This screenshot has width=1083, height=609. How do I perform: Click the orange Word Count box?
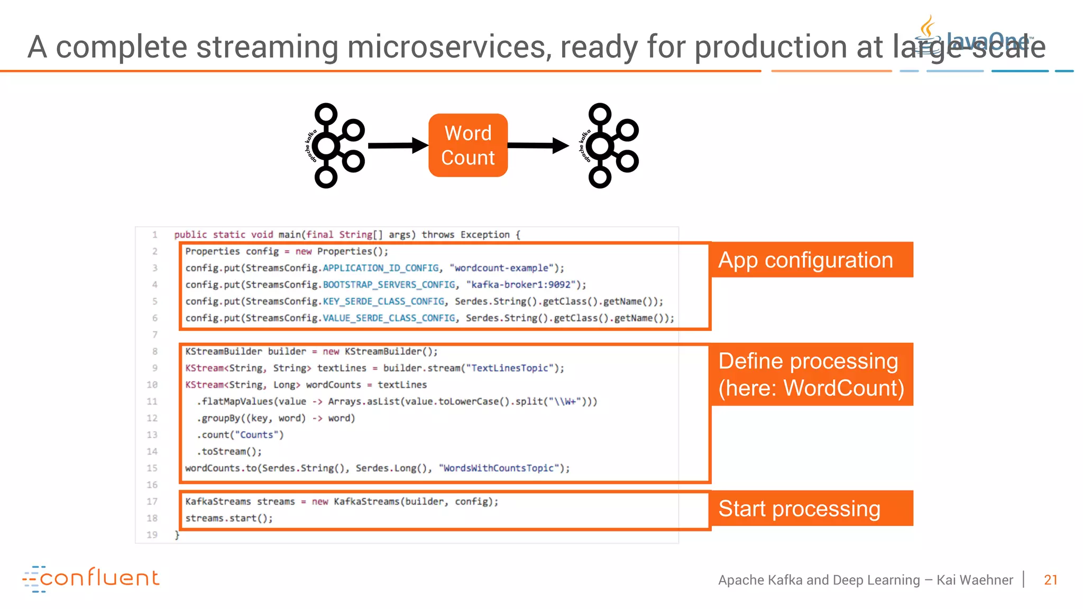tap(468, 145)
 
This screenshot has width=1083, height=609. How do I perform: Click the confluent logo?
tap(91, 578)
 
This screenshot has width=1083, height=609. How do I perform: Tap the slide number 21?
tap(1050, 580)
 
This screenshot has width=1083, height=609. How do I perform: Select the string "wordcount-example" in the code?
tap(501, 268)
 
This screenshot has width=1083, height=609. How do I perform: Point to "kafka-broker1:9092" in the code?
tap(521, 285)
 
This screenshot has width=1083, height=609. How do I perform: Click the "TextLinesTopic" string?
tap(510, 368)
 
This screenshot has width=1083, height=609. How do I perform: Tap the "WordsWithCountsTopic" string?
tap(499, 468)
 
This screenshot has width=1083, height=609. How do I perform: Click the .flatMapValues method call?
tap(235, 402)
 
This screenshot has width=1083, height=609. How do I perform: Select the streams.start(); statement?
tap(229, 519)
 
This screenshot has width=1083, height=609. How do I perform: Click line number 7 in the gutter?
tap(154, 335)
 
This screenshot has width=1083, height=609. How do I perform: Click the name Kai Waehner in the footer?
tap(975, 580)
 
